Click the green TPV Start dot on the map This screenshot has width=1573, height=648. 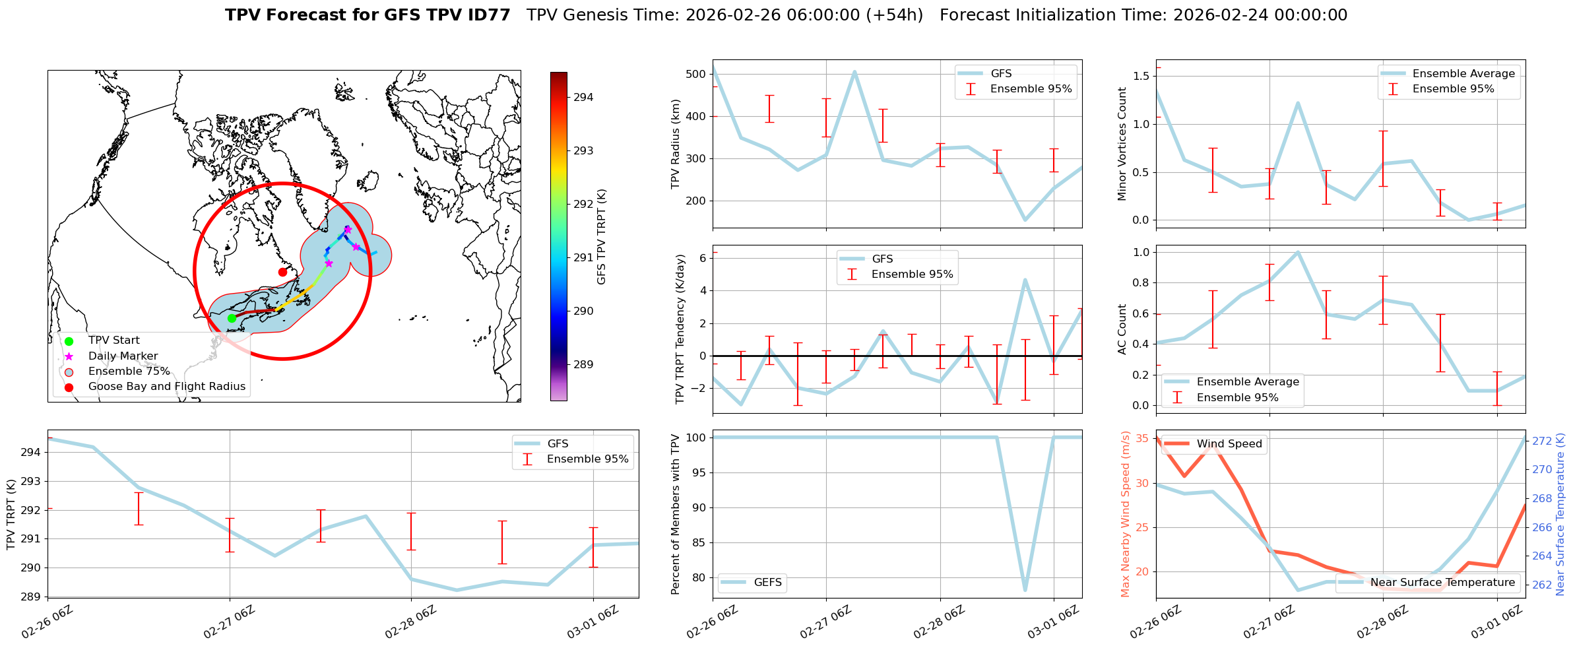[x=232, y=318]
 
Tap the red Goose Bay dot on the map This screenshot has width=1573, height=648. [x=282, y=272]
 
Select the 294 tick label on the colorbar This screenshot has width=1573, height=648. [x=583, y=98]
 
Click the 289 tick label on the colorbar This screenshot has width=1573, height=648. [x=583, y=364]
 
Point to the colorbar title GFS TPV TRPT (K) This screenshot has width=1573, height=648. [x=601, y=237]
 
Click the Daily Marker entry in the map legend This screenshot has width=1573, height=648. [x=123, y=356]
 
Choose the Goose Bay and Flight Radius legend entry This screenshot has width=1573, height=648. [x=166, y=387]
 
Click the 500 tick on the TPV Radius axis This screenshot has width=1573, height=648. [x=695, y=74]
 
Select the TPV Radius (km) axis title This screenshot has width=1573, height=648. [x=675, y=144]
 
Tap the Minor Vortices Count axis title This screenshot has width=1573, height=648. [x=1122, y=144]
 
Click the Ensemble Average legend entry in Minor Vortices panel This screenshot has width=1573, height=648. [x=1463, y=74]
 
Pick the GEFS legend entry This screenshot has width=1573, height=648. [x=767, y=583]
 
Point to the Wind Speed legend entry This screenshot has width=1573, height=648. [x=1229, y=444]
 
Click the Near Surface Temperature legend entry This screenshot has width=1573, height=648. [x=1442, y=583]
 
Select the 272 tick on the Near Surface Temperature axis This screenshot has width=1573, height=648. [x=1541, y=441]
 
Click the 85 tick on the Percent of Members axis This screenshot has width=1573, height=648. [x=698, y=543]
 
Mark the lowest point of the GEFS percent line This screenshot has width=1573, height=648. [x=1025, y=590]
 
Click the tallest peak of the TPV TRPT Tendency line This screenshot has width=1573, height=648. [x=1025, y=280]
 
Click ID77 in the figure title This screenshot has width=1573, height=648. [x=488, y=15]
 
